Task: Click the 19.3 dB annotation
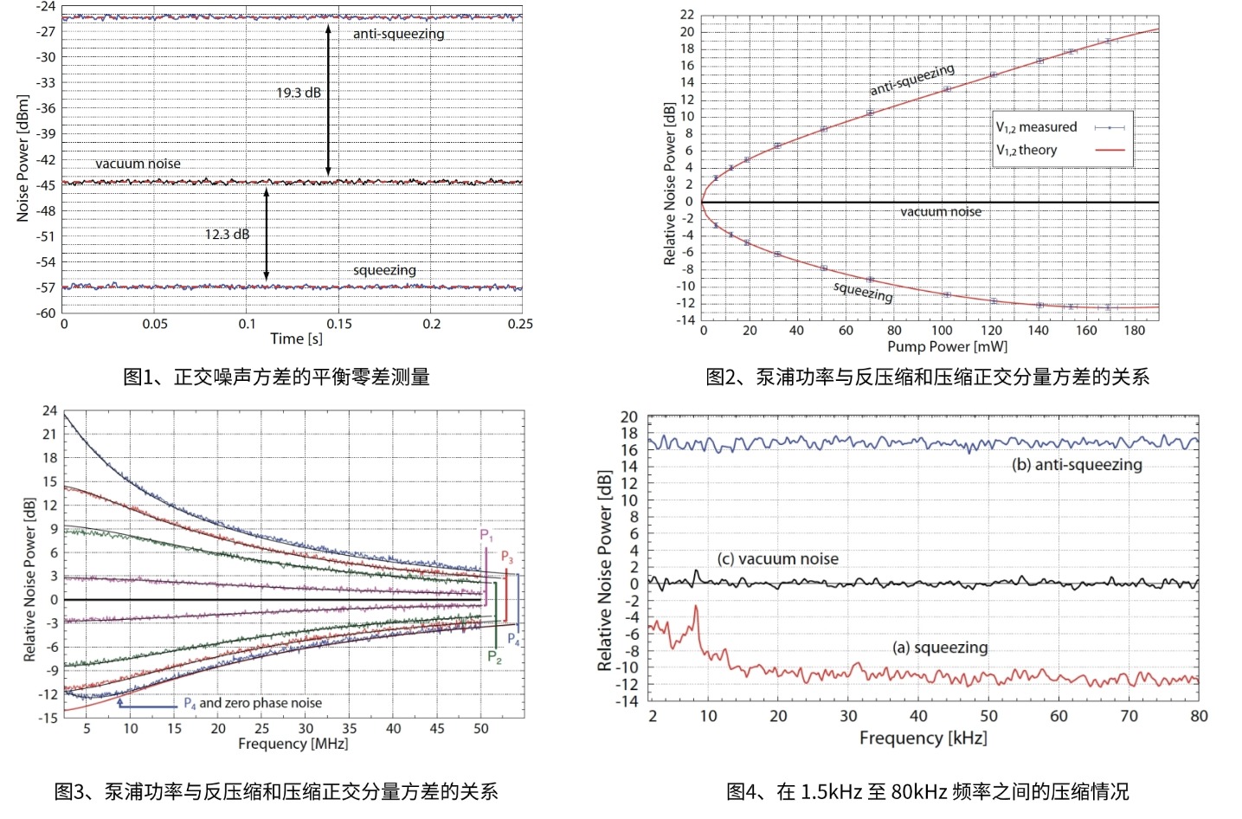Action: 299,93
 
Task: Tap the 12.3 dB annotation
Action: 227,234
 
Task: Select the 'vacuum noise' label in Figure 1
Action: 138,164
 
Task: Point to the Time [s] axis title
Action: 296,339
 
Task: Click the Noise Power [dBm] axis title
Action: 23,158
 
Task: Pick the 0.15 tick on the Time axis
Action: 339,324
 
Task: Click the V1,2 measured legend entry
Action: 1037,127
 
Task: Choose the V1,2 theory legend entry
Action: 1026,150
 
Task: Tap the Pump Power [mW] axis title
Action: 947,346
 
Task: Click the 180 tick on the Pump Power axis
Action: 1134,330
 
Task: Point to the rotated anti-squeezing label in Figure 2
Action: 912,79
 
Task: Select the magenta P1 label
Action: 486,535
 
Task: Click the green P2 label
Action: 494,656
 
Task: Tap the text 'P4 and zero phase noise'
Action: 253,703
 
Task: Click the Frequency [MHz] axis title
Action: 293,744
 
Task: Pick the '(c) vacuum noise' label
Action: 777,559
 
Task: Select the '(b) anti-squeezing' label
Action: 1077,465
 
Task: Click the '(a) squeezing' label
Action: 940,648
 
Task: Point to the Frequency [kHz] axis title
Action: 923,738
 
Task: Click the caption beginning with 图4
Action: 927,791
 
